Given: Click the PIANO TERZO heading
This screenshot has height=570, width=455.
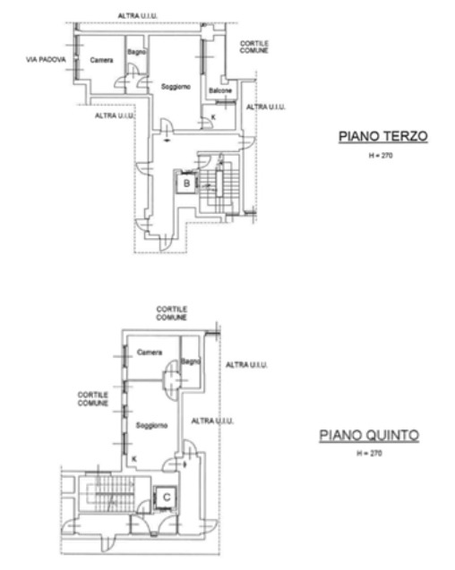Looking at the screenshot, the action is point(383,136).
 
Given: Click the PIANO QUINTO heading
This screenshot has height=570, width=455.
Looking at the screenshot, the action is point(369,435).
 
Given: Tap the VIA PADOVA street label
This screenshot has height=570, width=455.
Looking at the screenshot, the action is point(46,59).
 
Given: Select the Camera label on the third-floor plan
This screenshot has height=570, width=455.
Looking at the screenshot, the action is point(101,60).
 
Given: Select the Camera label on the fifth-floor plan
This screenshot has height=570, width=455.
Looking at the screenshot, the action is point(150,353).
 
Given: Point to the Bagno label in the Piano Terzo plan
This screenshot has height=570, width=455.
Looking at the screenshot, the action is point(137,52).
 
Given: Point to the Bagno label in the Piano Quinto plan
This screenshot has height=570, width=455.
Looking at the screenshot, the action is point(191,362).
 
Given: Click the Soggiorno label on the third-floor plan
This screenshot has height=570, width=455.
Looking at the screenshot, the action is point(176,87).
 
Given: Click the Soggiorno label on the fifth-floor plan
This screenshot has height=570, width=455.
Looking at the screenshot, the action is point(151,425).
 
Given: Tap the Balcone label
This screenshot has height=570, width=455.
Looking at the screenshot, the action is point(220,90).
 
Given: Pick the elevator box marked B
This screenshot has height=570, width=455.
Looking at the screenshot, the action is point(186,183).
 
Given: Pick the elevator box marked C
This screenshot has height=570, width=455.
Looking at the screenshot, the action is point(166,498).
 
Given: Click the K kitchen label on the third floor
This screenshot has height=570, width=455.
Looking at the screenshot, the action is point(213,117).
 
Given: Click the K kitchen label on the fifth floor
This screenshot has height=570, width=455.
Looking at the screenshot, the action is point(134,459).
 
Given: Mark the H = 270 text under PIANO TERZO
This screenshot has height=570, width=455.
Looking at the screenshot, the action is point(381,156).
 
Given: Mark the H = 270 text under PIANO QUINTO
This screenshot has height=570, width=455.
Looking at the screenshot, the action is point(369,454).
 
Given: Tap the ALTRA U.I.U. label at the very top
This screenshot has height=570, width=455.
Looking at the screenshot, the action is point(138,16).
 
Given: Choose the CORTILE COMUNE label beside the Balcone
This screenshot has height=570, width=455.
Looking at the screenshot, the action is point(254,47).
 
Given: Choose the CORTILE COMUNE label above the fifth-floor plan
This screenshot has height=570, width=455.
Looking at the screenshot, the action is point(172,313).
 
